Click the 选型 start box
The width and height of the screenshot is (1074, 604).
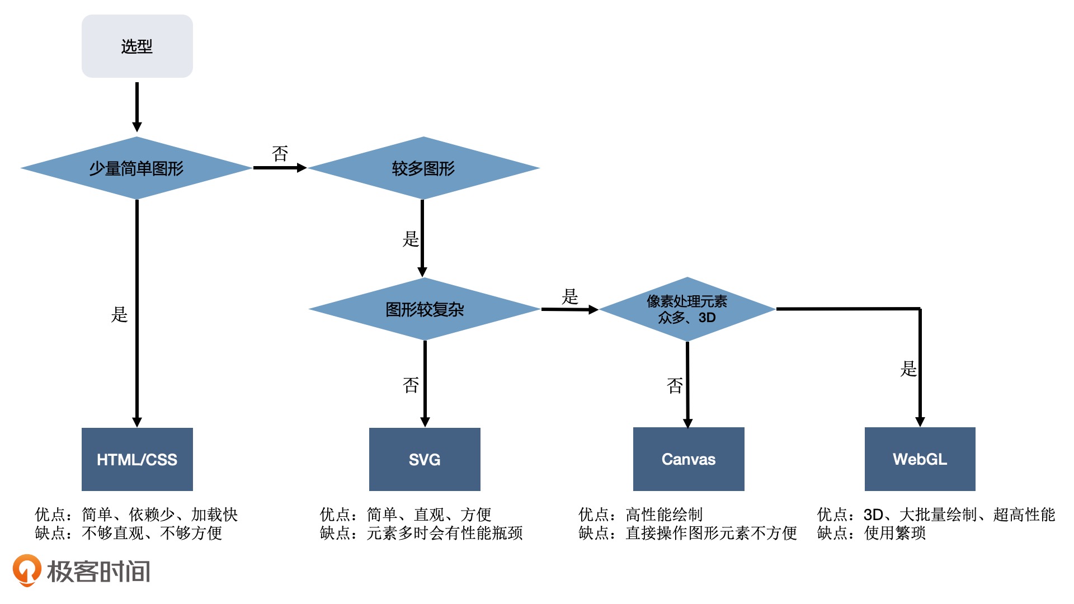[137, 46]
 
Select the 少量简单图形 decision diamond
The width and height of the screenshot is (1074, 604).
[136, 168]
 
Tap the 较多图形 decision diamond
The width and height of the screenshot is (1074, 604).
[423, 168]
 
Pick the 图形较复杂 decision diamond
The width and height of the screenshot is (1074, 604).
[425, 309]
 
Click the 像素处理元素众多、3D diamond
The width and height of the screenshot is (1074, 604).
[687, 309]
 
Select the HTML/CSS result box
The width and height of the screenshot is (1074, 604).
[137, 459]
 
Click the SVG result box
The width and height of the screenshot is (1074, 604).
[425, 459]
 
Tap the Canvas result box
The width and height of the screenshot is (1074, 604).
[689, 459]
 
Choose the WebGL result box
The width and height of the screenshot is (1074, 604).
[920, 459]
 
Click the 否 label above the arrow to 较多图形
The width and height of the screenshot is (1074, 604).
[280, 153]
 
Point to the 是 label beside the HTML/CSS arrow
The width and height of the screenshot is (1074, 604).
[119, 314]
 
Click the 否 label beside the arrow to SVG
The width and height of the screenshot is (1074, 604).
[411, 385]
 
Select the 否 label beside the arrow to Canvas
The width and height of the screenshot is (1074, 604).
[675, 385]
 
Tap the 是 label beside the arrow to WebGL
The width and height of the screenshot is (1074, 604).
[908, 369]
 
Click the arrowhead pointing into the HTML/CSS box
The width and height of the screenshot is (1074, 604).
[137, 422]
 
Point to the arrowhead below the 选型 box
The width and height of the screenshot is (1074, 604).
[137, 126]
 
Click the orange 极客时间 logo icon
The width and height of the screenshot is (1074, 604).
[26, 570]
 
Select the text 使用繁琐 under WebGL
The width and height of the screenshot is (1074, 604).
[895, 533]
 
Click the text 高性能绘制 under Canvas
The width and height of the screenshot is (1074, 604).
[664, 515]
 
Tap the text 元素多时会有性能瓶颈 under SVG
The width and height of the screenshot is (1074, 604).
[445, 533]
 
